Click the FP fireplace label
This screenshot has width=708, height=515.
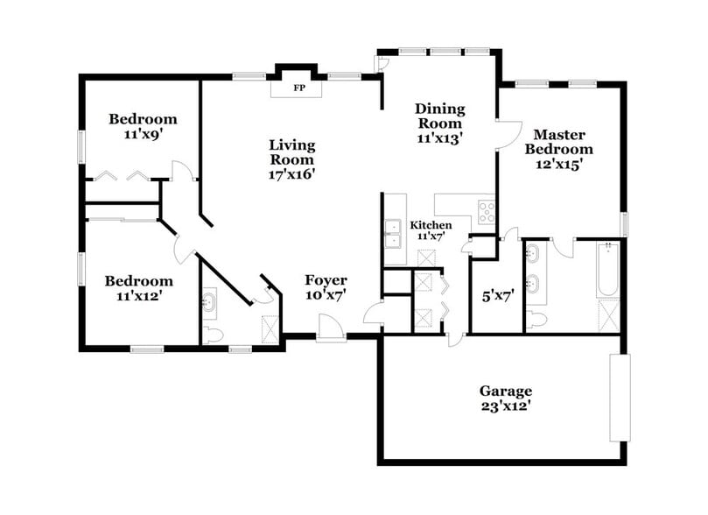coord(298,88)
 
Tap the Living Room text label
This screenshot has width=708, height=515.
coord(292,152)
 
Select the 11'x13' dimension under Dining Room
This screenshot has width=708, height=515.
coord(438,138)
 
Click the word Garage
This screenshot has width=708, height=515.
coord(505,391)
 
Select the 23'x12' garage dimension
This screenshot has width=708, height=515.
coord(505,406)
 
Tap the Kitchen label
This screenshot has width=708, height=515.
coord(431,225)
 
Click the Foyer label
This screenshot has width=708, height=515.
coord(326,280)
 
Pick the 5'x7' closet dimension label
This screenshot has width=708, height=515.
coord(496,295)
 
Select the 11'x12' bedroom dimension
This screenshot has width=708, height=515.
coord(138,296)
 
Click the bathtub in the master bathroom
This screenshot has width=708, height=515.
coord(607,272)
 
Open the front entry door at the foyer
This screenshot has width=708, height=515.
coord(331,330)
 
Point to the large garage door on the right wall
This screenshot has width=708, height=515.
coord(620,398)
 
